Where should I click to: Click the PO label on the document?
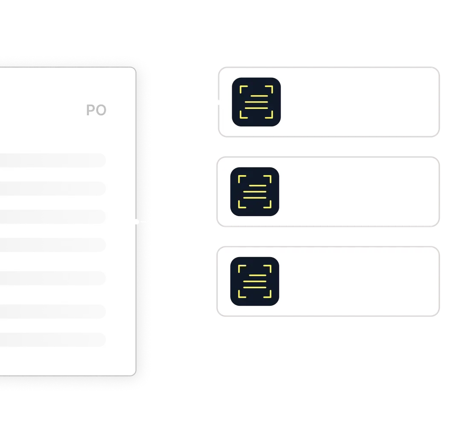[96, 110]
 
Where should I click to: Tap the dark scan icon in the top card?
[256, 102]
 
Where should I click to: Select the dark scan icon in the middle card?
[254, 191]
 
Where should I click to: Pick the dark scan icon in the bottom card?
[254, 281]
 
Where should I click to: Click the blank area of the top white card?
[359, 102]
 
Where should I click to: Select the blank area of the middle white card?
[359, 191]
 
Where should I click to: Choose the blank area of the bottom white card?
[359, 281]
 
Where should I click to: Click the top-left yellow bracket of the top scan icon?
[243, 89]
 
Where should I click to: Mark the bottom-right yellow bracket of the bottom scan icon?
[268, 294]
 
